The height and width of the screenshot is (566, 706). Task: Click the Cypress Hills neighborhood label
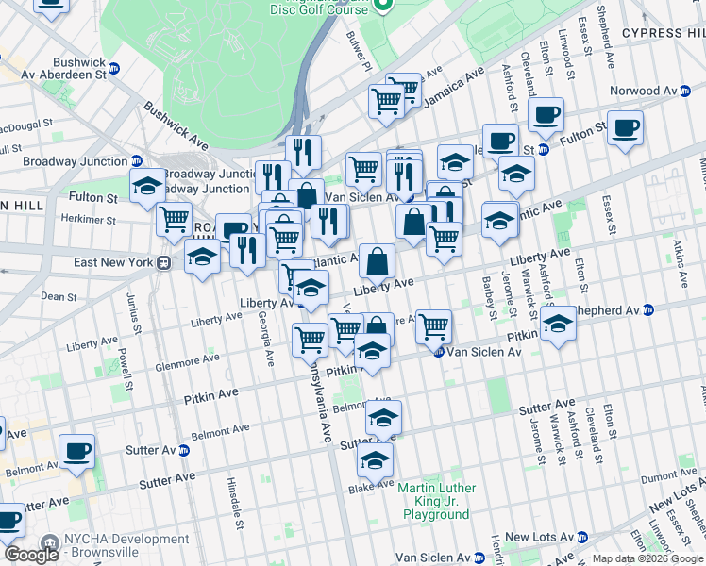pyautogui.click(x=664, y=33)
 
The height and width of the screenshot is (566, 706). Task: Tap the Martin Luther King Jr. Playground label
pyautogui.click(x=437, y=502)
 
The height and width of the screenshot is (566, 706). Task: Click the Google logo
pyautogui.click(x=31, y=555)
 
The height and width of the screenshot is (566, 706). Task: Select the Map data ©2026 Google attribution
pyautogui.click(x=648, y=558)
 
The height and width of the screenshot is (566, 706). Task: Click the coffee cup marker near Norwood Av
pyautogui.click(x=625, y=127)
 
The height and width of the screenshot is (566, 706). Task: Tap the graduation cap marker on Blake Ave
pyautogui.click(x=375, y=461)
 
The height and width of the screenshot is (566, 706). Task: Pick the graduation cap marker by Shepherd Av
pyautogui.click(x=559, y=325)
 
